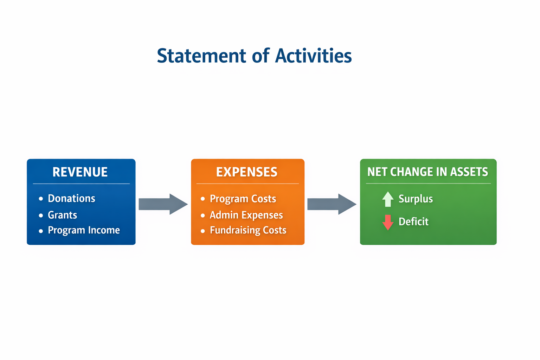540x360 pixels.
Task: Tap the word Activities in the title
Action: tap(313, 56)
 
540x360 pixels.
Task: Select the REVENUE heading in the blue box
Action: tap(80, 172)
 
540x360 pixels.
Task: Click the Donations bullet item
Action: tap(71, 198)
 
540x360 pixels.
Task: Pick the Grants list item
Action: tap(62, 215)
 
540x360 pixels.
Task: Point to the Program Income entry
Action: tap(84, 230)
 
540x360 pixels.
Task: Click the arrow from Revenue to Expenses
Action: tap(163, 204)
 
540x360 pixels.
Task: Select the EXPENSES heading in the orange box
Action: tap(247, 172)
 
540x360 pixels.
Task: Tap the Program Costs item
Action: tap(243, 199)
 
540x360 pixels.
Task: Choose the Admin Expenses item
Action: tap(246, 215)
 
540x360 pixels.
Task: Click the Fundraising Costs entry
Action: tap(248, 230)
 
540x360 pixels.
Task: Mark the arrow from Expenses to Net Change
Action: tap(332, 204)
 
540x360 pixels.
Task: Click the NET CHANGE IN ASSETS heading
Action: tap(427, 172)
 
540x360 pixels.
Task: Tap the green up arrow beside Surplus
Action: tap(388, 199)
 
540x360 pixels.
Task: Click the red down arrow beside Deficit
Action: tap(388, 222)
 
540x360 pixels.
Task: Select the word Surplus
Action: tap(416, 199)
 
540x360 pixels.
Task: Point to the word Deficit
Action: tap(413, 221)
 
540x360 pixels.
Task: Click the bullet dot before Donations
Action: tap(41, 199)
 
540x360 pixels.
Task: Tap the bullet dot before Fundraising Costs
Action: tap(203, 231)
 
